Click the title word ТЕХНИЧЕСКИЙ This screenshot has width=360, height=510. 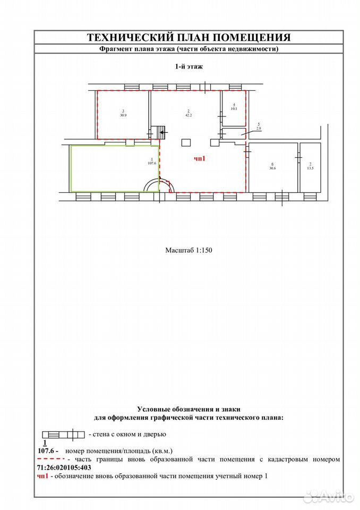tap(131, 37)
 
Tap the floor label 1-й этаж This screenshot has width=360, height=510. tap(188, 67)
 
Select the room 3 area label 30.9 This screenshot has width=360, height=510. tap(123, 115)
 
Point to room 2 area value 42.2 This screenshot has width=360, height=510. tap(188, 115)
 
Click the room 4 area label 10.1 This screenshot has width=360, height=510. tap(234, 108)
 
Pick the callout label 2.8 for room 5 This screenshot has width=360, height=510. tap(259, 129)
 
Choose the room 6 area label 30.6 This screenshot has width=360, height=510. tap(272, 168)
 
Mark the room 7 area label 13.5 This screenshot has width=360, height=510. tap(310, 168)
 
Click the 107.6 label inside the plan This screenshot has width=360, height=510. tap(152, 163)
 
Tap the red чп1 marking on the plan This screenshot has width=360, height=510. tap(200, 159)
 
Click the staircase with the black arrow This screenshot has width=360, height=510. tap(159, 132)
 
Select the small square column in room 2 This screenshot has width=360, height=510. tap(186, 143)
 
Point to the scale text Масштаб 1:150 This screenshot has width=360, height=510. tap(188, 250)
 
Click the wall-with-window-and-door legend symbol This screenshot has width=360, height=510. tap(63, 435)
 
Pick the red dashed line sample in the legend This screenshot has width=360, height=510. tap(51, 458)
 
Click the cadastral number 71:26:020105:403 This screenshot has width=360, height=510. tap(64, 467)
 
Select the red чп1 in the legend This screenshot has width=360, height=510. tap(42, 476)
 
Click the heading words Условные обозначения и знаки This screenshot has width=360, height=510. tap(188, 410)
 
